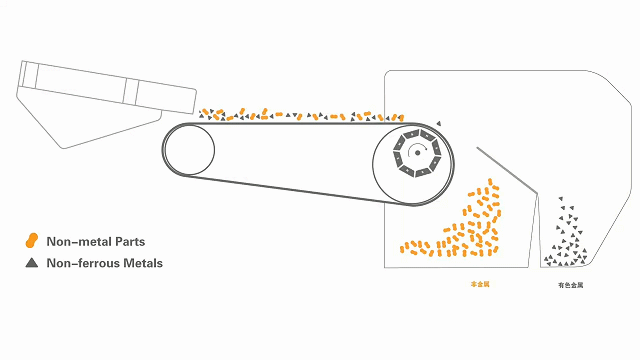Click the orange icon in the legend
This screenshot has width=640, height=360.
(x=32, y=241)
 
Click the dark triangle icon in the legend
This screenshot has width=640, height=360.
(x=32, y=263)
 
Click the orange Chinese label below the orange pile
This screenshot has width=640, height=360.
(x=480, y=285)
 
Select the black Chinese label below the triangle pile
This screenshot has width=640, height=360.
(x=570, y=285)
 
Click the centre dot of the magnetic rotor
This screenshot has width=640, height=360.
(x=417, y=152)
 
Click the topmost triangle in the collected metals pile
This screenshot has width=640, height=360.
(x=560, y=199)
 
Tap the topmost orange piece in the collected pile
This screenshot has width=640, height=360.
(x=489, y=182)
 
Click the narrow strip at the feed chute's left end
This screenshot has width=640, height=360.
(x=28, y=75)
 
